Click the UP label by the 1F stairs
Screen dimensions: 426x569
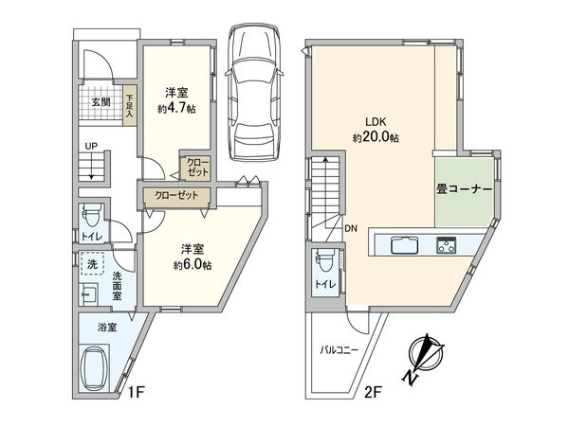point(90,147)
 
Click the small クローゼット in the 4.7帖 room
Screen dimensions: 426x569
point(198,168)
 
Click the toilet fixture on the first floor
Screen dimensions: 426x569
point(91,214)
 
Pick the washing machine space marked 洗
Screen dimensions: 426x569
point(93,265)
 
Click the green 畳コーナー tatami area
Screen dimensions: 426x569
point(465,189)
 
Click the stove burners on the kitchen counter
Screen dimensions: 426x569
point(447,244)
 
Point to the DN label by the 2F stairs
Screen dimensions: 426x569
point(351,228)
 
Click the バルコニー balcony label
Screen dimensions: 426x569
point(337,350)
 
